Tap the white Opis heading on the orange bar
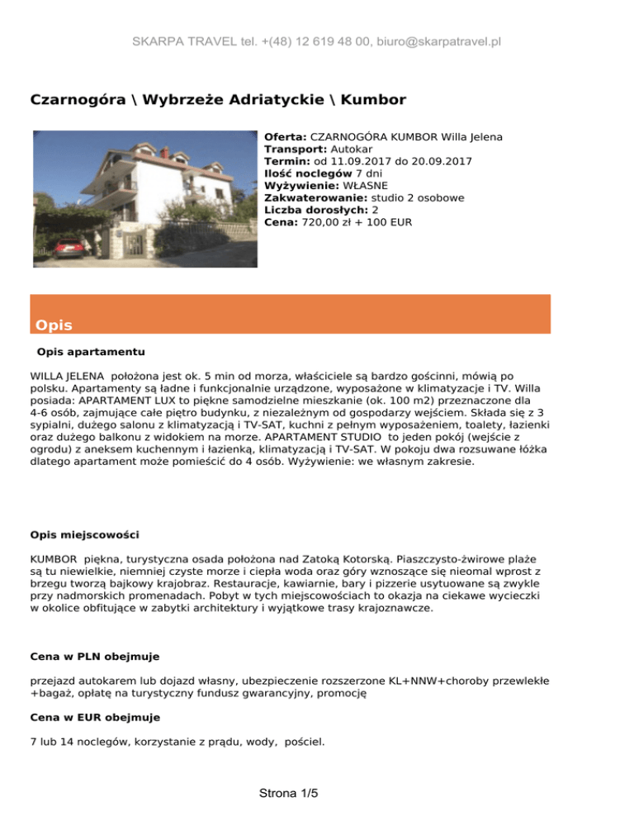pyautogui.click(x=54, y=325)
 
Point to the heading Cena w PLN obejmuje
pyautogui.click(x=94, y=657)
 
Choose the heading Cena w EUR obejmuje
pyautogui.click(x=95, y=718)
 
